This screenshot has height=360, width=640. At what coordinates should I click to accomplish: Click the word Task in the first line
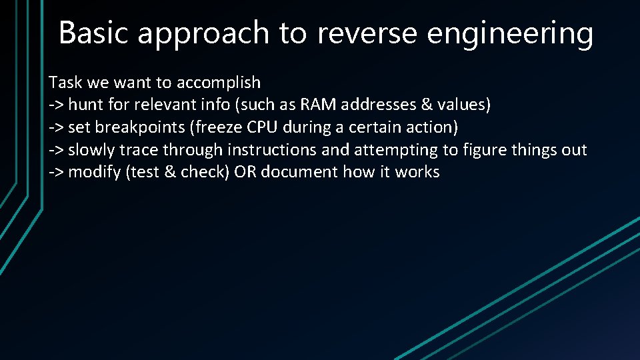pos(64,83)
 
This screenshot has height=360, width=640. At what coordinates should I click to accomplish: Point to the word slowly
pos(91,150)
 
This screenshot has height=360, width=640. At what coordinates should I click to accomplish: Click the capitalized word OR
pos(245,172)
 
